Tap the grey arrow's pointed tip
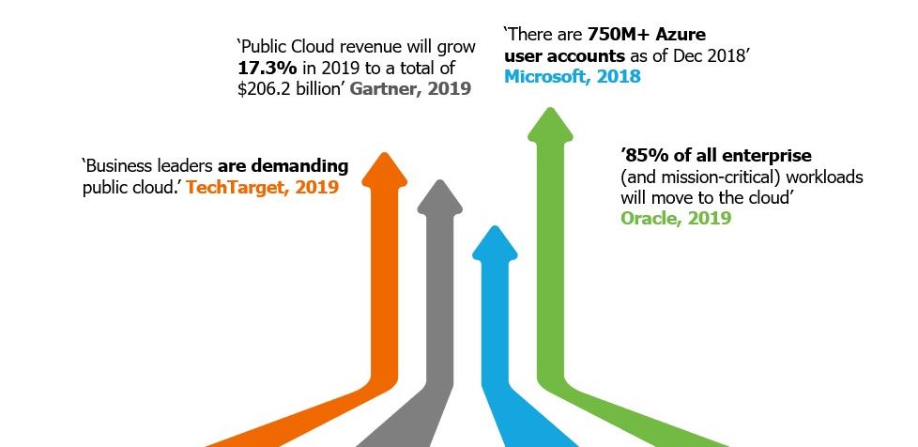[x=437, y=181]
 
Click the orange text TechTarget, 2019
[x=263, y=187]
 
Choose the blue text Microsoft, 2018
[x=573, y=77]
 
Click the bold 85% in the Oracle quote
[x=640, y=154]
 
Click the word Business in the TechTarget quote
[x=120, y=166]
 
